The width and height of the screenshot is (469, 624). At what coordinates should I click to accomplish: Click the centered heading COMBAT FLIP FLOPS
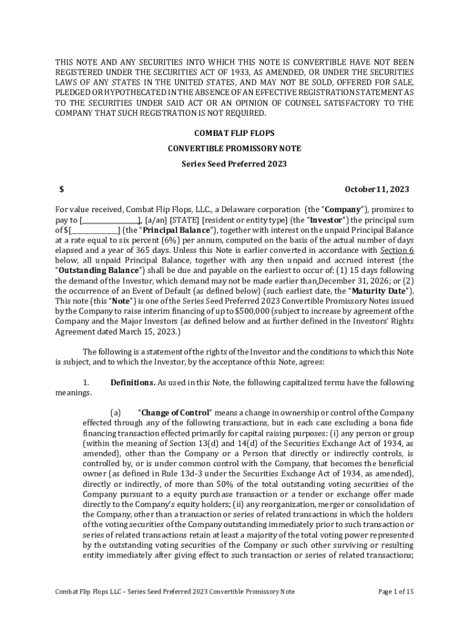point(234,133)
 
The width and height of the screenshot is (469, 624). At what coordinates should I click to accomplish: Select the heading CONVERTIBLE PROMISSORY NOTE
point(234,148)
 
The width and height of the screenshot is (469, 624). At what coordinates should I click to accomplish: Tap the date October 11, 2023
point(376,189)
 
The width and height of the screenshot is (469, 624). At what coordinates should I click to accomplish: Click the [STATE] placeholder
point(185,219)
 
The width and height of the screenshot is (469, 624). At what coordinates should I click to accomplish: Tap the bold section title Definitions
point(132,383)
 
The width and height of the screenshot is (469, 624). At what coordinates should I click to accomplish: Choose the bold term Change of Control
point(176,413)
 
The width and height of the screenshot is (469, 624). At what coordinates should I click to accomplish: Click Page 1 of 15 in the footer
point(396,592)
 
